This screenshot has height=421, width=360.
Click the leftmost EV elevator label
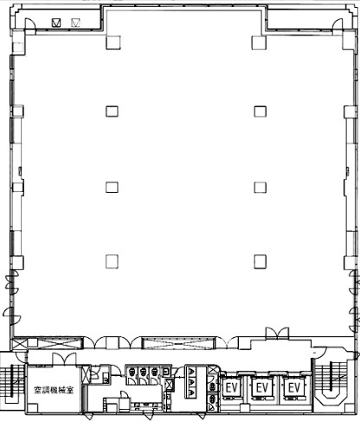tap(232, 387)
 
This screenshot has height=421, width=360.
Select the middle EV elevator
tap(262, 387)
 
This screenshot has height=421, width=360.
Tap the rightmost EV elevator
tap(294, 387)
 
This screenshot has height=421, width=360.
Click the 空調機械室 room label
tap(54, 391)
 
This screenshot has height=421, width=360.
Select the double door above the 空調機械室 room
tap(64, 359)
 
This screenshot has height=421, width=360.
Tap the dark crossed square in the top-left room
tap(56, 22)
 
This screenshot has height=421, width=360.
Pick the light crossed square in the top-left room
tap(75, 22)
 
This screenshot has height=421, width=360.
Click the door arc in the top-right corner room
tap(337, 23)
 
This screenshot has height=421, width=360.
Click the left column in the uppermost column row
tap(112, 42)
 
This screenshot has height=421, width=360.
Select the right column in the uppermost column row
tap(259, 42)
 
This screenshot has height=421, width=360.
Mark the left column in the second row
tap(112, 112)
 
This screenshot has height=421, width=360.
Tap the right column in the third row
tap(260, 188)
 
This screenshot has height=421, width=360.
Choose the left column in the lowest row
tap(112, 262)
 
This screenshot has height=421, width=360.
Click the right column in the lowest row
tap(260, 262)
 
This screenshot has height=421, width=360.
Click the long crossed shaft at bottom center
tap(179, 342)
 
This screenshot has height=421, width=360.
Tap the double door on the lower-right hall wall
tap(277, 334)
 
